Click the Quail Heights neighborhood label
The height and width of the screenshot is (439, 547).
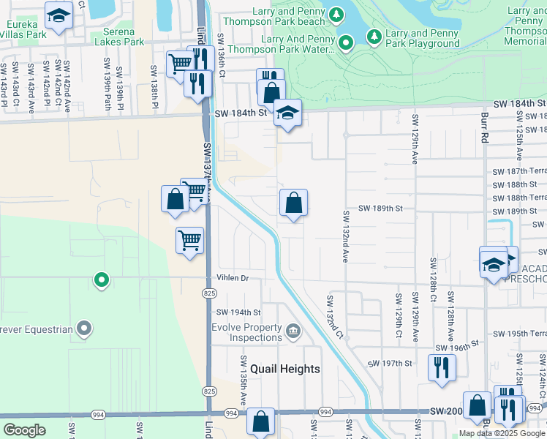click(x=285, y=369)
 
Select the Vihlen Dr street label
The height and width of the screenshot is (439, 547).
click(x=233, y=278)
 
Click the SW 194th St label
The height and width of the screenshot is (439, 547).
click(x=238, y=312)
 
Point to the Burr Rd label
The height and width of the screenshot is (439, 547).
click(x=483, y=124)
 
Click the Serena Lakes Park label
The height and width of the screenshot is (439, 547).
click(x=119, y=37)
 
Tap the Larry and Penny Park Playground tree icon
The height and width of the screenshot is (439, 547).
click(x=374, y=36)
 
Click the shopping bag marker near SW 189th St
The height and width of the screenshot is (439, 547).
click(x=293, y=203)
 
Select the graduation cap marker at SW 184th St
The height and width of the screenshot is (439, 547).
click(x=288, y=113)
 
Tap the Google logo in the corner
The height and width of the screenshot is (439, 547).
click(x=25, y=430)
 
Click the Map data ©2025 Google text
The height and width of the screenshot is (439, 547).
click(x=502, y=433)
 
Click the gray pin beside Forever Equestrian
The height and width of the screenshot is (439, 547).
click(x=84, y=329)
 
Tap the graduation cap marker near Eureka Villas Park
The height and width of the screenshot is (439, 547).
click(x=59, y=15)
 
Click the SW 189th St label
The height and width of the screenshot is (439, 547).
click(x=381, y=209)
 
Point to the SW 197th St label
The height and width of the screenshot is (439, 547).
click(x=391, y=364)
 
